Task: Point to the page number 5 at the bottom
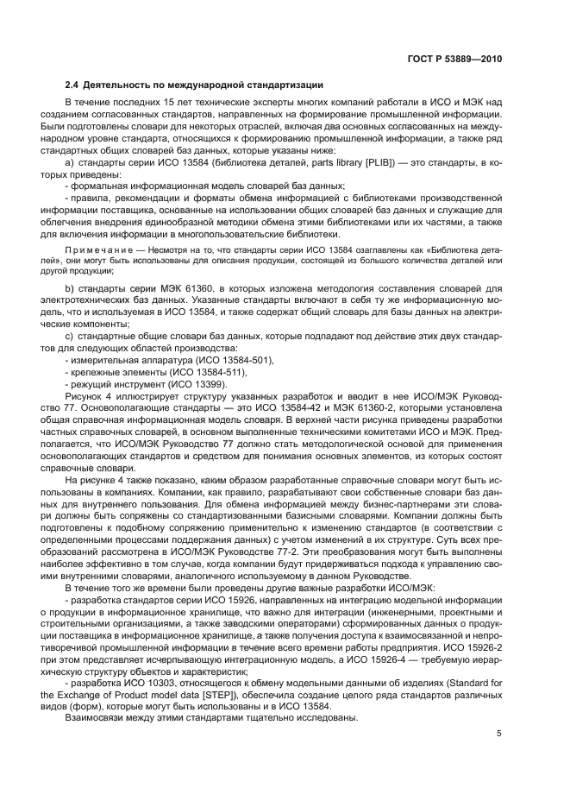click(498, 734)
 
